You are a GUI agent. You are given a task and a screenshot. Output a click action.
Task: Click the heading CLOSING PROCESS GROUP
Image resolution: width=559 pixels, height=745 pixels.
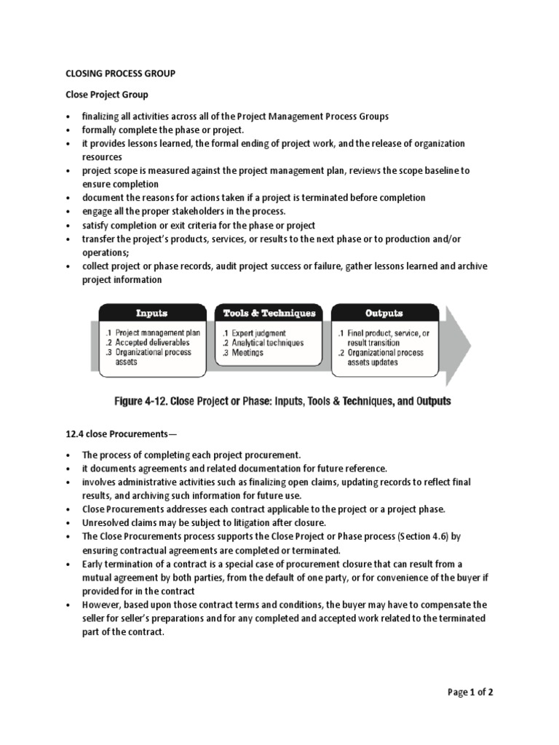[120, 73]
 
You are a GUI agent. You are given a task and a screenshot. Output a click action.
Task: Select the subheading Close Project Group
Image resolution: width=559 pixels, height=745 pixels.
[107, 95]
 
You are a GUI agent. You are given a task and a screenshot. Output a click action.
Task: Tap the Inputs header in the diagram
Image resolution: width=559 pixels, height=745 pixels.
[151, 314]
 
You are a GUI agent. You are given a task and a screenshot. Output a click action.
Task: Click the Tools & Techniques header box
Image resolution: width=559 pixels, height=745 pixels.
[269, 314]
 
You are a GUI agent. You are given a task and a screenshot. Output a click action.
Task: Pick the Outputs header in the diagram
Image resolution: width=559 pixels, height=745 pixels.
[384, 314]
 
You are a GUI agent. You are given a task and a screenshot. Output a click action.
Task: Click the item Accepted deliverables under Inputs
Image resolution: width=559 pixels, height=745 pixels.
[148, 343]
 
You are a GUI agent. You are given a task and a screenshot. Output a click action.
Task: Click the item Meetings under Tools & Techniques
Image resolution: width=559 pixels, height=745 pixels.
[247, 353]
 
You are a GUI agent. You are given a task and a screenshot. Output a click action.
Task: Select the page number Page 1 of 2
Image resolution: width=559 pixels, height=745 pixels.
[470, 692]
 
